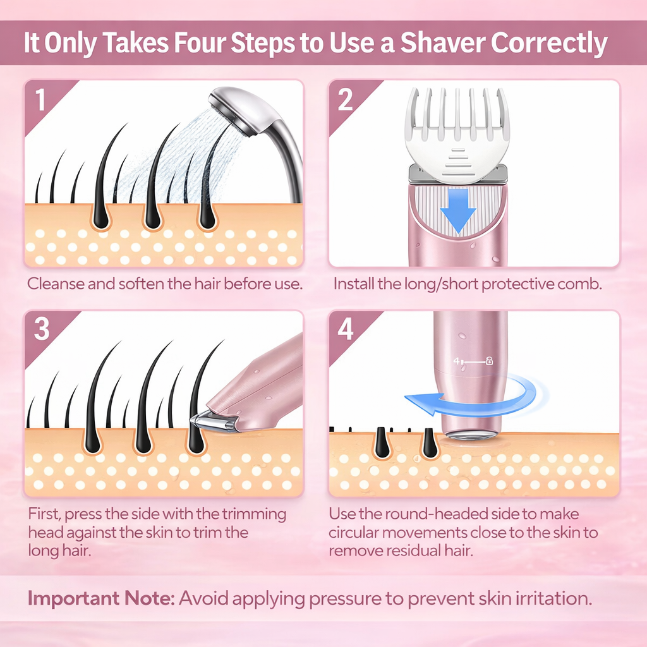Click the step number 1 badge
coord(40,100)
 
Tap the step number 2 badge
coord(345,100)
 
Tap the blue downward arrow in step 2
coord(457,209)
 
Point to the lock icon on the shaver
coord(489,361)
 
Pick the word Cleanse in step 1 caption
coord(54,283)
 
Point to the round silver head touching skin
coord(471,435)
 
